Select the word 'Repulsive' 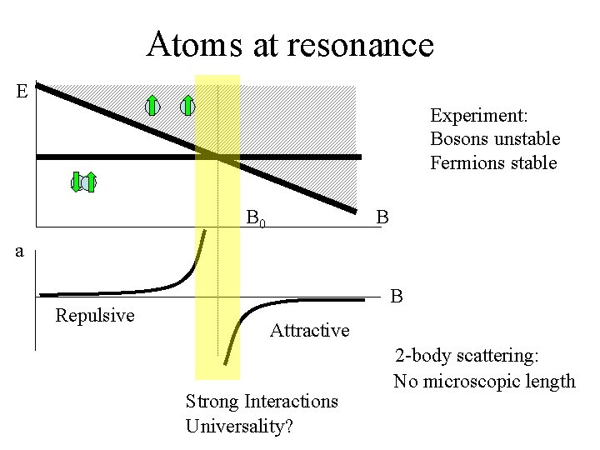pyautogui.click(x=94, y=315)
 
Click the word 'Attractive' pyautogui.click(x=309, y=330)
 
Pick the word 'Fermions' pyautogui.click(x=467, y=162)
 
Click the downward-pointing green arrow pyautogui.click(x=76, y=182)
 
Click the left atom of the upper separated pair pyautogui.click(x=152, y=106)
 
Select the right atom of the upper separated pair pyautogui.click(x=187, y=105)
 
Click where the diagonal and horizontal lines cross pyautogui.click(x=218, y=157)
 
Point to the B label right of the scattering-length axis pyautogui.click(x=397, y=297)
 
